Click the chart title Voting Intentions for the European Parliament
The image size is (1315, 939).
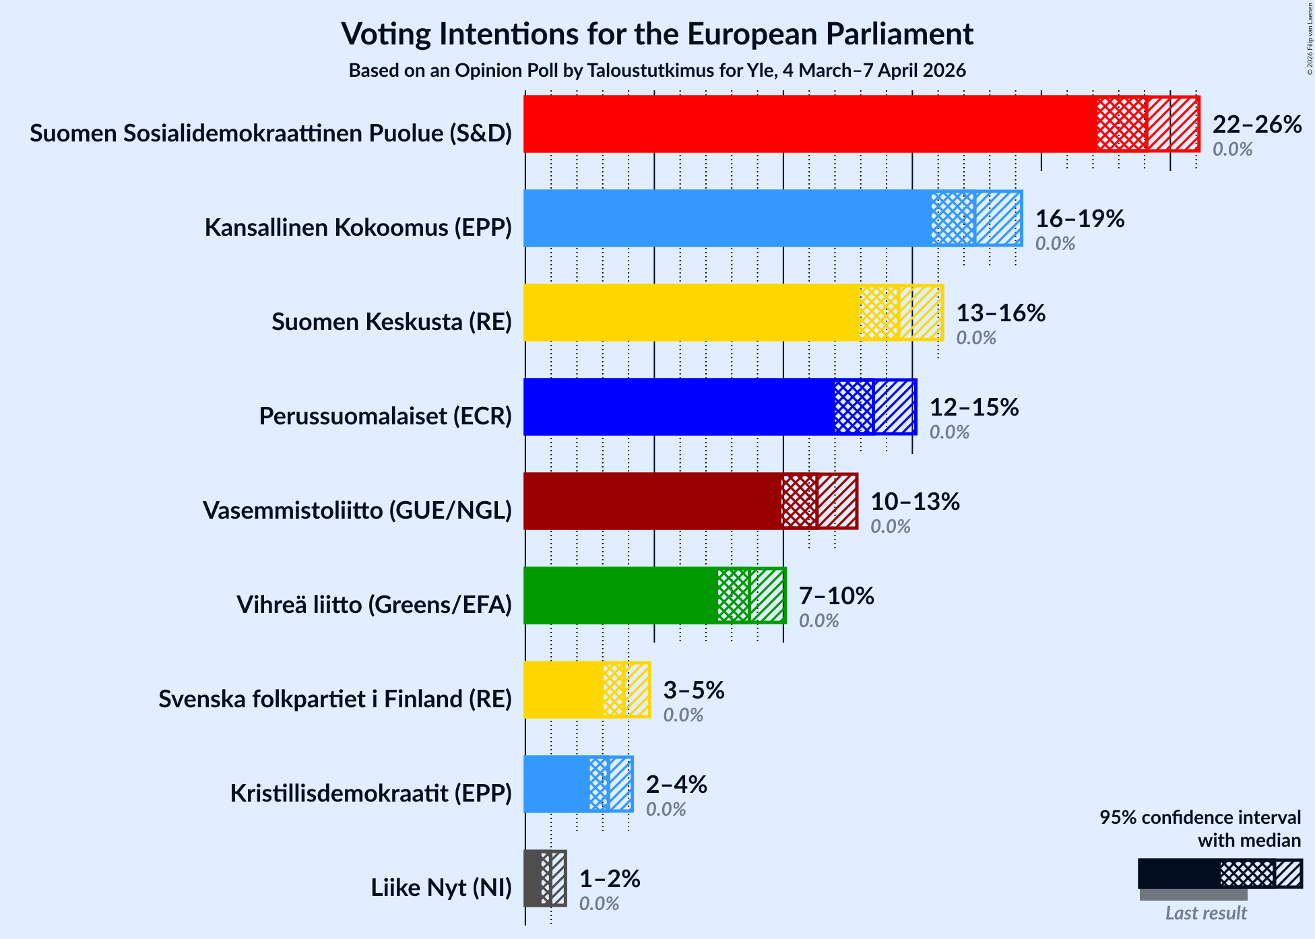657,34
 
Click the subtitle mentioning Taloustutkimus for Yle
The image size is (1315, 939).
657,71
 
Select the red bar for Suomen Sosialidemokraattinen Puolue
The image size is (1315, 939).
808,124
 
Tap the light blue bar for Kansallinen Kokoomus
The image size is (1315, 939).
728,218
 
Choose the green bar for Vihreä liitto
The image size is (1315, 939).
620,595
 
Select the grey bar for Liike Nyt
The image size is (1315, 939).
532,878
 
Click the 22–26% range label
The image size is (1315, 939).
1256,125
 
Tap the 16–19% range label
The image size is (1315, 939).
1079,219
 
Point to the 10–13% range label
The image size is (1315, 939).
915,502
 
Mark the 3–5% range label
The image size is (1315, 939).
694,690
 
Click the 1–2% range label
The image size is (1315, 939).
610,879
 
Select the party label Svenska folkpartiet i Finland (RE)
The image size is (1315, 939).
335,699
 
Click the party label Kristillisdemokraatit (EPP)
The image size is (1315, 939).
371,794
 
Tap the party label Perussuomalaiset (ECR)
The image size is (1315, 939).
385,416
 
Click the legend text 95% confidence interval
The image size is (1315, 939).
1200,818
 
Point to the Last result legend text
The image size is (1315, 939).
1206,913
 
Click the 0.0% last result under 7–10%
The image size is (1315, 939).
819,621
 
